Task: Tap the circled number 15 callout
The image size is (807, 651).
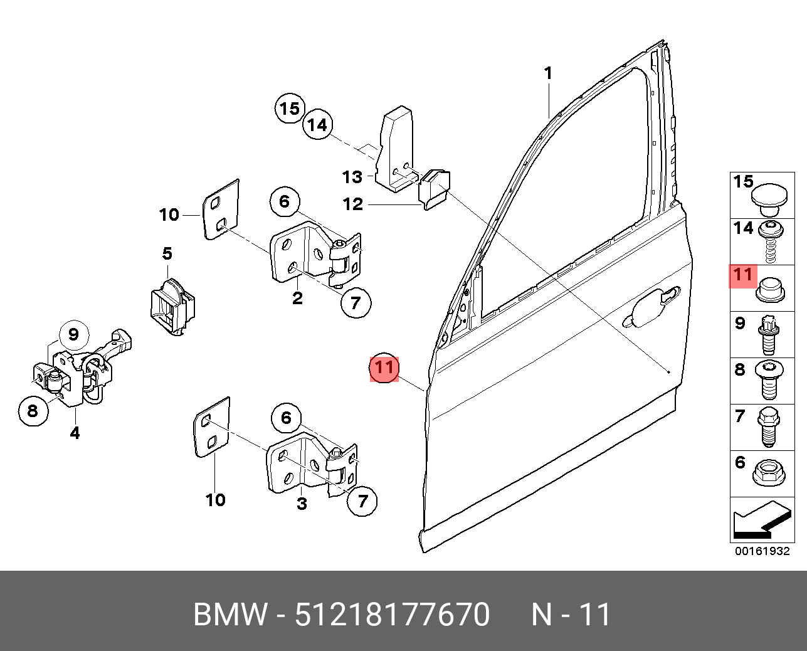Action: (290, 109)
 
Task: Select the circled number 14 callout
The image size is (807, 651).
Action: (318, 126)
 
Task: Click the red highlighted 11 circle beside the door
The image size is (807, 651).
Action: (384, 367)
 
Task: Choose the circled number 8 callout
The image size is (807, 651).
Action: (33, 411)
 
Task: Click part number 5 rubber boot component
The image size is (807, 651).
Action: (171, 305)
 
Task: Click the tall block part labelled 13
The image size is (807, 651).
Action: (394, 151)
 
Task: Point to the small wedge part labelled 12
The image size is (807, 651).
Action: (435, 187)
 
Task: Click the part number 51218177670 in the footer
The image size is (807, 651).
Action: (392, 615)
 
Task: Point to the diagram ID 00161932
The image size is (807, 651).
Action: (762, 552)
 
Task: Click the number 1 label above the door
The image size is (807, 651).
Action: (548, 74)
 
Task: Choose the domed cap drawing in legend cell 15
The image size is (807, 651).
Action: (770, 197)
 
